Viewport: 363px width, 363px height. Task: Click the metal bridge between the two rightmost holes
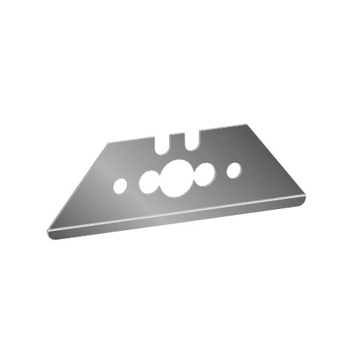tap(220, 174)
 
